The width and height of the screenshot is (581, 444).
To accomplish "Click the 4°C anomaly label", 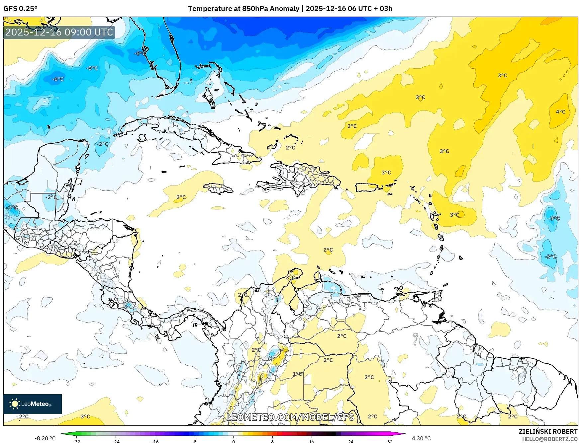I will click(560, 112).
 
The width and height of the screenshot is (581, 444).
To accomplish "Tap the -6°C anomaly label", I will click(58, 79).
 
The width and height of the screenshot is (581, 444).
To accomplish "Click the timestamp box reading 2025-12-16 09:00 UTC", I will click(59, 32).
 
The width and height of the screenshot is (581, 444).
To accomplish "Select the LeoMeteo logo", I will click(32, 404).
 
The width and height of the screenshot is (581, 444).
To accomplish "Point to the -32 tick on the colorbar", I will click(76, 441).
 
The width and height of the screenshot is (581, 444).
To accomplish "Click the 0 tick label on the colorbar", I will click(233, 441).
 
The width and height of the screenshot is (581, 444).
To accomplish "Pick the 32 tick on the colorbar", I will click(390, 441).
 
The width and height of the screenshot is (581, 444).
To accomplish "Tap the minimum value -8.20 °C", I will click(45, 438).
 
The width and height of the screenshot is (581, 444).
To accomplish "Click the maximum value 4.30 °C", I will click(421, 438).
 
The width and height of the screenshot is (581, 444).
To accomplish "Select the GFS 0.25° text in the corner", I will click(20, 9).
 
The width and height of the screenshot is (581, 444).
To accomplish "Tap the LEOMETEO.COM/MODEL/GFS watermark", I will click(290, 417).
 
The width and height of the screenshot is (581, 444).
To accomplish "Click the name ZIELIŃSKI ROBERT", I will click(548, 431).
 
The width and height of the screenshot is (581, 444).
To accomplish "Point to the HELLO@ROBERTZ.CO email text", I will click(549, 439).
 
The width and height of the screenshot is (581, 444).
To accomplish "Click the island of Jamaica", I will click(218, 188).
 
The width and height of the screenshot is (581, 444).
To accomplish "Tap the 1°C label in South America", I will click(297, 374).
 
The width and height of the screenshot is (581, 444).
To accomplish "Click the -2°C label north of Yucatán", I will click(103, 144).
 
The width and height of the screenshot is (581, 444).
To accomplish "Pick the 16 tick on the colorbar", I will click(311, 441).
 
